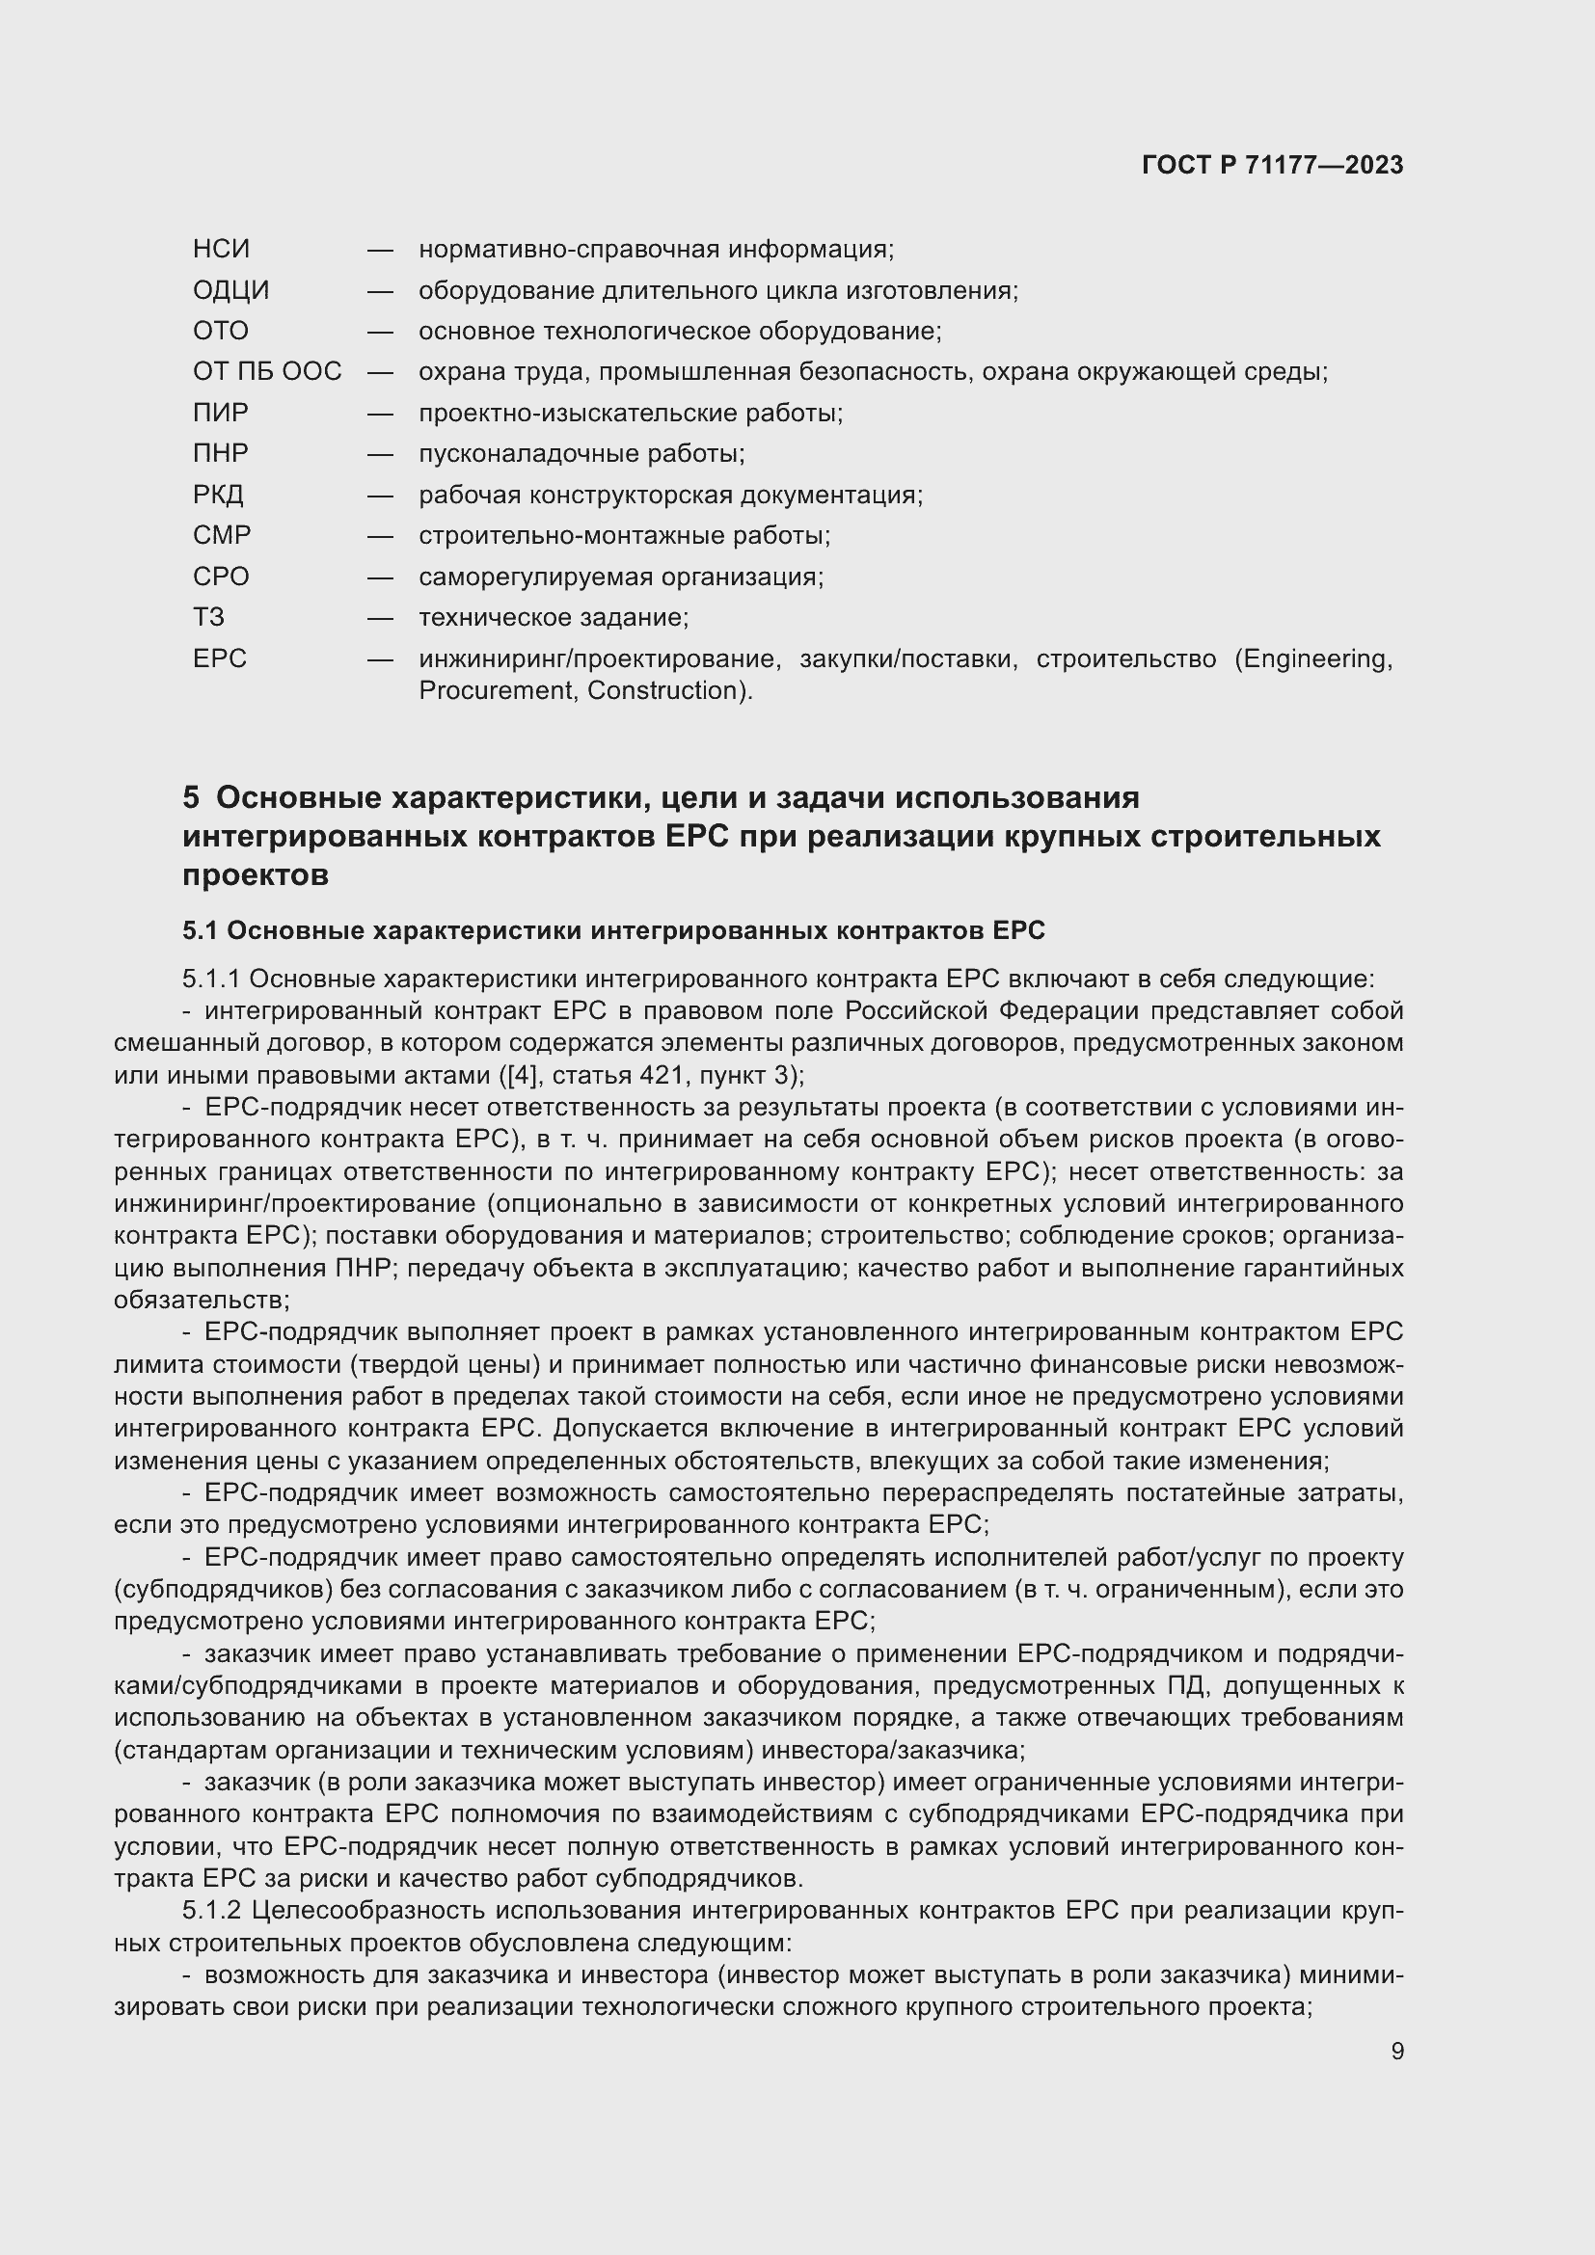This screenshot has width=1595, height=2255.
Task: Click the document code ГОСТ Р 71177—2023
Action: coord(1272,165)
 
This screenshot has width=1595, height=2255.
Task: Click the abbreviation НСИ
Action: coord(221,250)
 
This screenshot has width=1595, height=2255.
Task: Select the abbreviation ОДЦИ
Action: coord(230,291)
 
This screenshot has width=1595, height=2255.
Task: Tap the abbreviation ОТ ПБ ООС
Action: coord(267,371)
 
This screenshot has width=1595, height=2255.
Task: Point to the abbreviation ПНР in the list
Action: coord(221,454)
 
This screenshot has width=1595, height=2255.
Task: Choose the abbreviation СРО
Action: coord(221,577)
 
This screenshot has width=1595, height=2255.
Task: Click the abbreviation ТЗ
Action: coord(208,618)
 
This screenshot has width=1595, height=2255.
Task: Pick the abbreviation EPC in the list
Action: coord(220,658)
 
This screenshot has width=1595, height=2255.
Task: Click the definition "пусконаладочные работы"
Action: coord(581,454)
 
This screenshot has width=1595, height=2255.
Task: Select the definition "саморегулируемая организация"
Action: coord(621,577)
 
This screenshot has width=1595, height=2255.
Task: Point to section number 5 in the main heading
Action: coord(191,797)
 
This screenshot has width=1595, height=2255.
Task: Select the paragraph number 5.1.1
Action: coord(212,980)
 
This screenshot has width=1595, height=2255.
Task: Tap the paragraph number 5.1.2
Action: coord(212,1910)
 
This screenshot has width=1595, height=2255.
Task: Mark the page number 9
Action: coord(1396,2051)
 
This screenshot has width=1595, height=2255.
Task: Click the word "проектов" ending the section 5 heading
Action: coord(256,875)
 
